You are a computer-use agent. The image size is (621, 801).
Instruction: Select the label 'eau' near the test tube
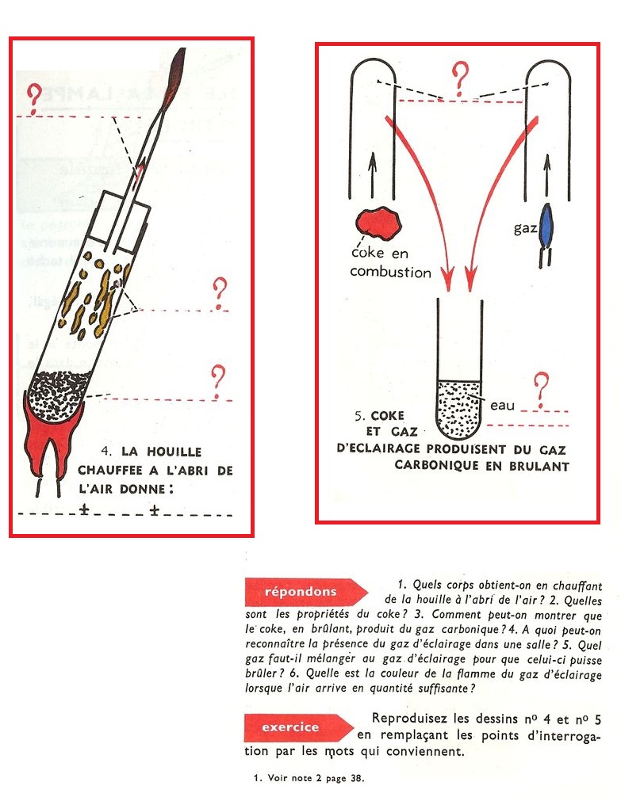502,406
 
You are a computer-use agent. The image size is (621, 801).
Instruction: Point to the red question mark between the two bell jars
459,79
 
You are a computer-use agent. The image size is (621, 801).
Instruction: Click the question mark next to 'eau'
542,387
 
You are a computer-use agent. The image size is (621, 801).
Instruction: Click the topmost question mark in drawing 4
33,98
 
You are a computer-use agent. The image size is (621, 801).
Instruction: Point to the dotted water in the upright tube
458,407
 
